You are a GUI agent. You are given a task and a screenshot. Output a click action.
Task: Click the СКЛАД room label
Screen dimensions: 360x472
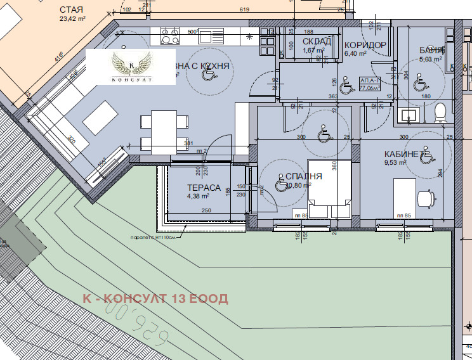point(317,42)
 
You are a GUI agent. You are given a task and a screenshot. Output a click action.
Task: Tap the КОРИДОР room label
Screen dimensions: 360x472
point(365,45)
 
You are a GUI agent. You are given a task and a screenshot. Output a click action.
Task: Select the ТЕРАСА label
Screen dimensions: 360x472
point(204,188)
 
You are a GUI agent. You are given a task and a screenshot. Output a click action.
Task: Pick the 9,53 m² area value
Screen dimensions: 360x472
point(394,162)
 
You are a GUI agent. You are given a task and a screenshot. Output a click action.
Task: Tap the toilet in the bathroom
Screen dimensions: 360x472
point(440,113)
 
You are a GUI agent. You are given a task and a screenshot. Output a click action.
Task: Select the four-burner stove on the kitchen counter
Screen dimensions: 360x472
point(170,35)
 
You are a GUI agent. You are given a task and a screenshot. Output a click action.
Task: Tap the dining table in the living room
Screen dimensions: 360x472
point(164,129)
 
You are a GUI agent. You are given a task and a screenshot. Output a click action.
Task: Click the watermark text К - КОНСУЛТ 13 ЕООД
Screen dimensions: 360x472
point(155,299)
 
